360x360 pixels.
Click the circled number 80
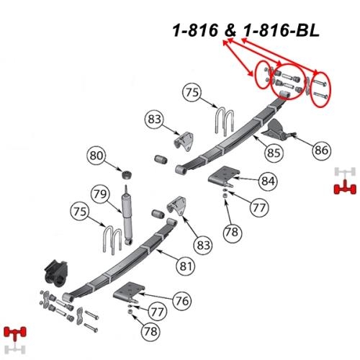96,156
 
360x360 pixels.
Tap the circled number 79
100,194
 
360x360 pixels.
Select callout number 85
274,153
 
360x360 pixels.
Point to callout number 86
321,150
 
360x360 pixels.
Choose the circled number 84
268,181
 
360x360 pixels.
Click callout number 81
186,266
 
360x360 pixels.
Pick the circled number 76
182,300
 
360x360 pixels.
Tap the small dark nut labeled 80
127,174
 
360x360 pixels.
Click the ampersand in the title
230,31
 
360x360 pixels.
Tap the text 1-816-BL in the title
281,31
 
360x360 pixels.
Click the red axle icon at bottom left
15,332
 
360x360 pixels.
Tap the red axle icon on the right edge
345,188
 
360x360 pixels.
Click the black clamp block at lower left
55,274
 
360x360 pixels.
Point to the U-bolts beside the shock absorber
113,240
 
